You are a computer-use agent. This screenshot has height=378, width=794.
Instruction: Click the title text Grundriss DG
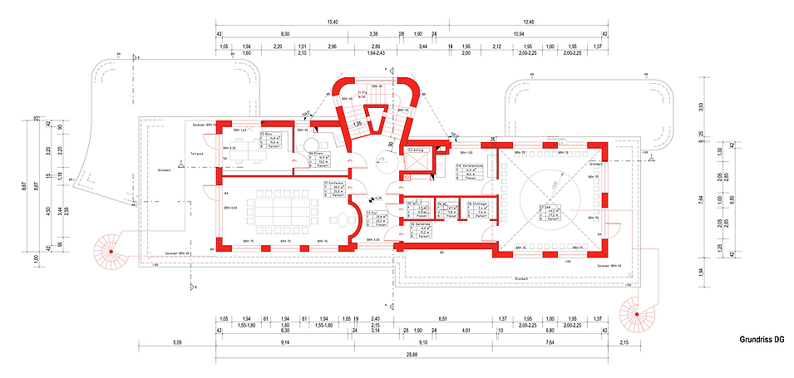(761, 340)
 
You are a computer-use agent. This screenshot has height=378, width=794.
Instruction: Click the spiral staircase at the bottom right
(637, 314)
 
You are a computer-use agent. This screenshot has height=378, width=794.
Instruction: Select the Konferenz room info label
(335, 189)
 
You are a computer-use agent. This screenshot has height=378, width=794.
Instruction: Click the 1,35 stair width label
(356, 124)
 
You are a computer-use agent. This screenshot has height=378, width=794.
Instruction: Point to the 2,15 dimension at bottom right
(624, 342)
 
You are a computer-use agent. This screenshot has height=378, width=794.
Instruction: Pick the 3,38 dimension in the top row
(373, 34)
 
